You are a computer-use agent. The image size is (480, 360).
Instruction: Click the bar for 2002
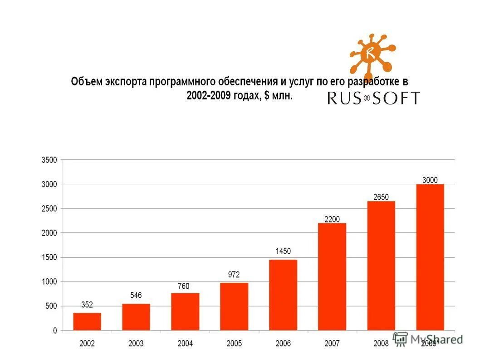pos(87,321)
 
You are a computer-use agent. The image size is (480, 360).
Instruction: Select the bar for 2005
pos(234,306)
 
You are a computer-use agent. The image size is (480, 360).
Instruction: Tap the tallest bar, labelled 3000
pos(430,257)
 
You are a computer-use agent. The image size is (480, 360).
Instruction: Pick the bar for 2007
pos(332,276)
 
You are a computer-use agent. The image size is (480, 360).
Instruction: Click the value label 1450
pos(283,251)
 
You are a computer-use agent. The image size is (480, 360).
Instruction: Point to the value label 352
pos(87,305)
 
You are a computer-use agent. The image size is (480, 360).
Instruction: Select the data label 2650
pos(381,197)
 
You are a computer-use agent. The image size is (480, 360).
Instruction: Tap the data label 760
pos(184,286)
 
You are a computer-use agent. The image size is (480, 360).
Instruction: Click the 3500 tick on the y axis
pos(49,160)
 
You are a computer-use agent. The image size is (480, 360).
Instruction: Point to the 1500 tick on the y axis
pos(49,257)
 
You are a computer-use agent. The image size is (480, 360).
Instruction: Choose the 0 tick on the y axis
pos(55,331)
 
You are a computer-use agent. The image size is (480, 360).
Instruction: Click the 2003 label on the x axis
pos(136,344)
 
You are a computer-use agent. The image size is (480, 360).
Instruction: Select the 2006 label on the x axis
pos(283,344)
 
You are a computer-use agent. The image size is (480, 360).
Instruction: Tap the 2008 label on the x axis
pos(381,344)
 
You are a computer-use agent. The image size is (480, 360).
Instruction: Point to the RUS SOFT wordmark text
pos(373,98)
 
